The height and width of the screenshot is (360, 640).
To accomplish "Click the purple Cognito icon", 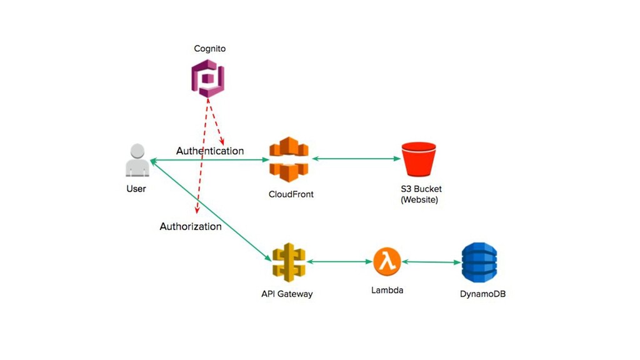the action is click(x=207, y=78).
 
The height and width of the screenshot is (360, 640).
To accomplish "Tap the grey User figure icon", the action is click(x=137, y=160).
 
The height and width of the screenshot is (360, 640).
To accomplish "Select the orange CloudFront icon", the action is click(x=289, y=159).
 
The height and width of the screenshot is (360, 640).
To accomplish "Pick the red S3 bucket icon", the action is click(x=419, y=159).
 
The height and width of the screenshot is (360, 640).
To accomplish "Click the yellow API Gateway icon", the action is click(x=289, y=262).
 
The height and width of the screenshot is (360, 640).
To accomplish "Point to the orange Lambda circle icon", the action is click(x=387, y=262).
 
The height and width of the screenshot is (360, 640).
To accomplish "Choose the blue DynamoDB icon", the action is click(x=479, y=262).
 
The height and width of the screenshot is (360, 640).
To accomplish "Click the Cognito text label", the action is click(x=210, y=49).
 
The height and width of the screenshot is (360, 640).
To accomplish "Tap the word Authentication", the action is click(x=210, y=151).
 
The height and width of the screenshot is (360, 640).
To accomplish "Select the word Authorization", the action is click(x=191, y=226).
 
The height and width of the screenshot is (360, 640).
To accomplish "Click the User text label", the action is click(x=136, y=189).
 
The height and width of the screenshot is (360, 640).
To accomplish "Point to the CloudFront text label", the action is click(x=291, y=194).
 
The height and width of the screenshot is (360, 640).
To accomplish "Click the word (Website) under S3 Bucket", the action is click(x=419, y=199).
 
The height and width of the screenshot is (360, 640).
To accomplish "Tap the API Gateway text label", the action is click(x=287, y=294).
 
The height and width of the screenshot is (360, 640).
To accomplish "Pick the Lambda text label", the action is click(x=387, y=290).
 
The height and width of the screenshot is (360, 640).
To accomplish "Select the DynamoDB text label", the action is click(x=483, y=294).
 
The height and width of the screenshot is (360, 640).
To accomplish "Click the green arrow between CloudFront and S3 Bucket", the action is click(x=356, y=159).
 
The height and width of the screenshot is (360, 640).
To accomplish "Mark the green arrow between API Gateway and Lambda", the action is click(x=339, y=262).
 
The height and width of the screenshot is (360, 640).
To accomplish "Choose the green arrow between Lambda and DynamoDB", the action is click(x=431, y=262).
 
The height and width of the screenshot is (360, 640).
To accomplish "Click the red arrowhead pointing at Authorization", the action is click(x=197, y=210).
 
